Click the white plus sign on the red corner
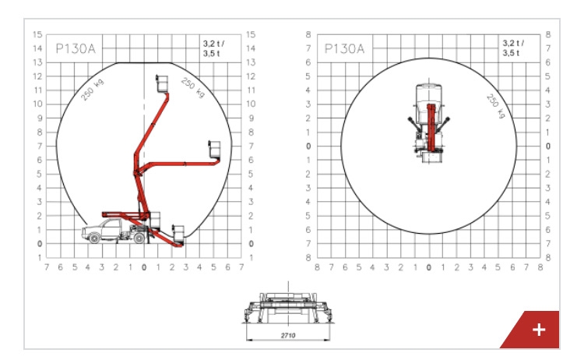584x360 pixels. pyautogui.click(x=539, y=330)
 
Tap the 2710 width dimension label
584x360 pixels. pyautogui.click(x=288, y=335)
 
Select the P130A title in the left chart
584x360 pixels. pyautogui.click(x=76, y=48)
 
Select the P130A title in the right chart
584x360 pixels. pyautogui.click(x=344, y=48)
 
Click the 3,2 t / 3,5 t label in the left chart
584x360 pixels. pyautogui.click(x=214, y=48)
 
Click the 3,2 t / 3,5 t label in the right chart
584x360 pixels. pyautogui.click(x=513, y=48)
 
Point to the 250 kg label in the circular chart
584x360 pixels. pyautogui.click(x=496, y=107)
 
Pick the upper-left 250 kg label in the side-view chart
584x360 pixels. pyautogui.click(x=93, y=90)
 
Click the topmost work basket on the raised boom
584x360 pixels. pyautogui.click(x=162, y=83)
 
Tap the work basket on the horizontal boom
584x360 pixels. pyautogui.click(x=214, y=150)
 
